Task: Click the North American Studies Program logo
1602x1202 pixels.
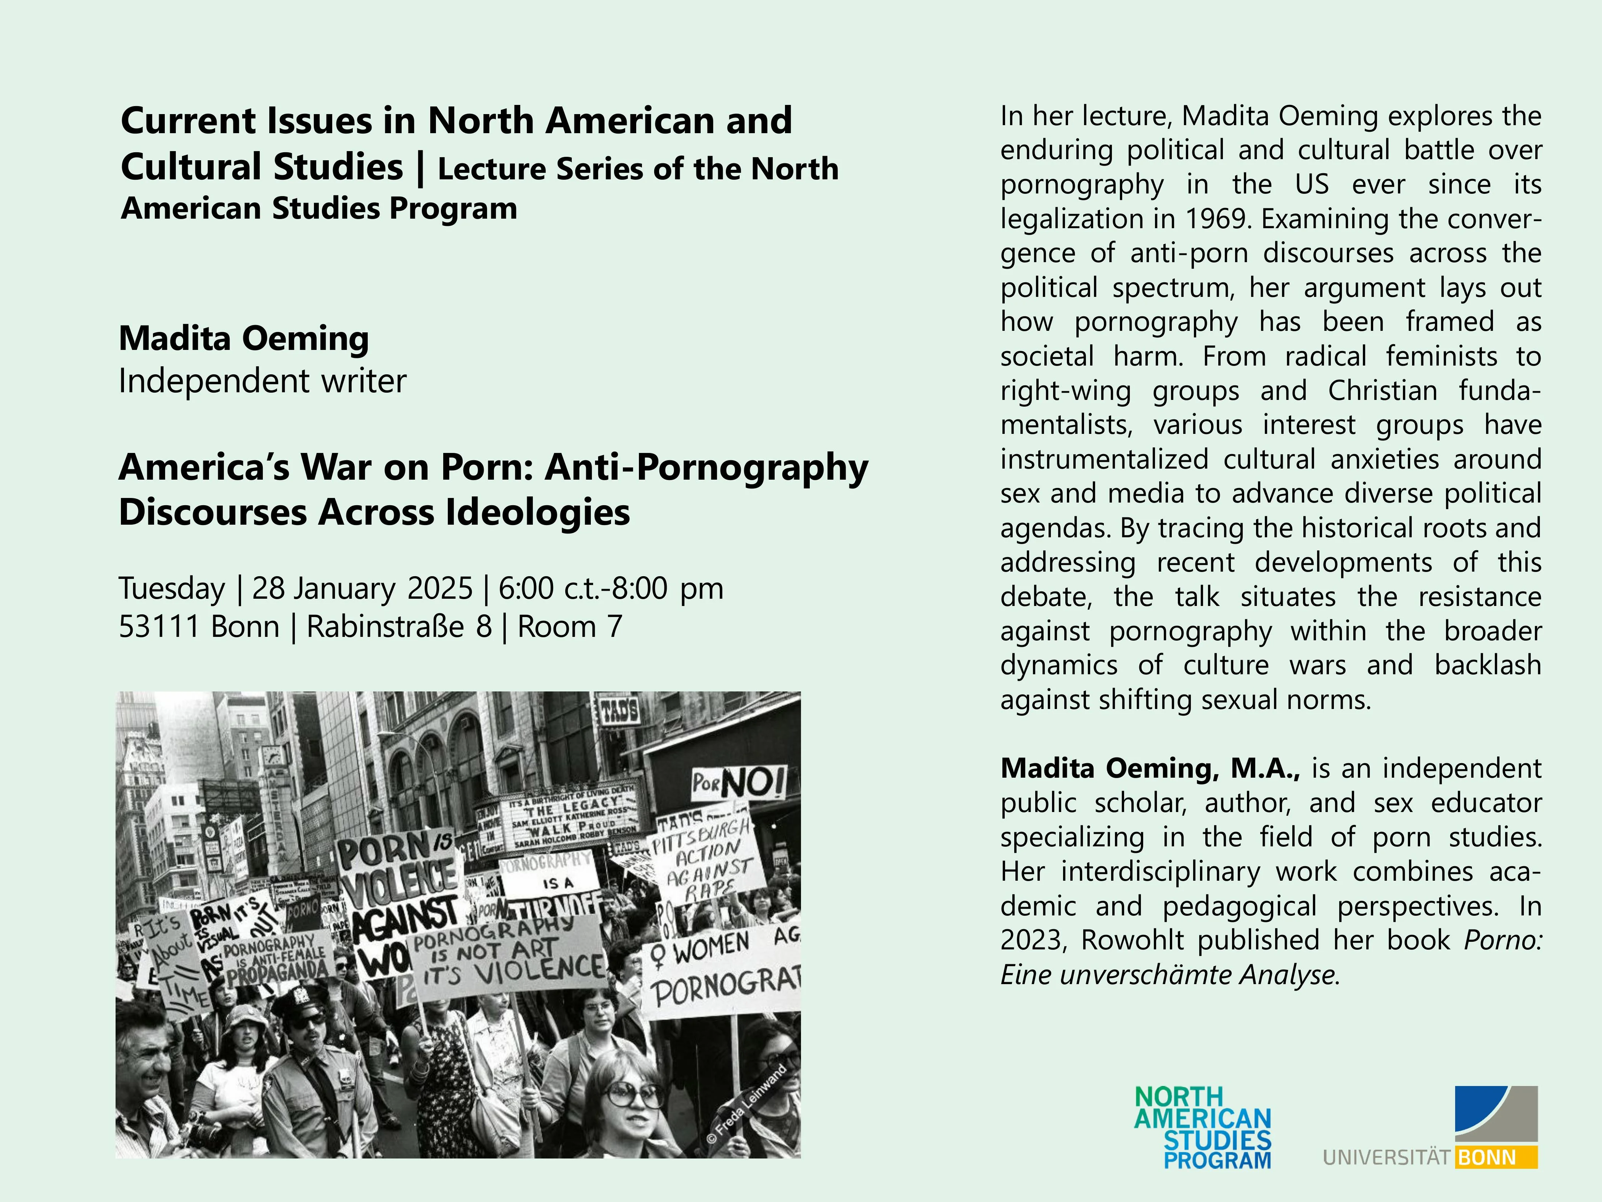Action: (x=1202, y=1127)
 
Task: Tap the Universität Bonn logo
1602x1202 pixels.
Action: (x=1430, y=1127)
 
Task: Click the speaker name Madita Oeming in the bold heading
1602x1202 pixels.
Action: (x=244, y=338)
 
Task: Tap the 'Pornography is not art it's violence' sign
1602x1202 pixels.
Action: (x=507, y=956)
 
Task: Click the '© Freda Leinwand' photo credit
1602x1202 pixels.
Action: (x=746, y=1105)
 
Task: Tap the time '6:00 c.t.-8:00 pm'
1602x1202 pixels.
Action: (x=611, y=588)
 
